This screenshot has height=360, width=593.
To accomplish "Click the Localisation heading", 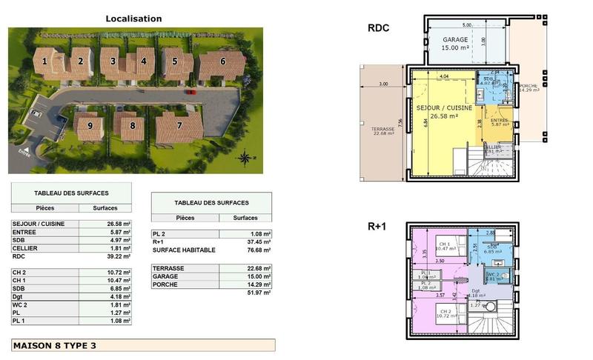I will click(133, 19).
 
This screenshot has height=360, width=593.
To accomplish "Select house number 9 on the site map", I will click(90, 126).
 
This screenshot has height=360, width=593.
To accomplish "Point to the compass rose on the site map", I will click(245, 157).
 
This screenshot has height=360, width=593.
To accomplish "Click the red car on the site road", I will click(191, 93).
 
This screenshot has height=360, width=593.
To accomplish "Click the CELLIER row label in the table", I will click(27, 248).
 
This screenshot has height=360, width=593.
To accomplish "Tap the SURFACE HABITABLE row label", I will click(184, 250).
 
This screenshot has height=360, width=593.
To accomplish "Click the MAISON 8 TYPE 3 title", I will click(55, 345).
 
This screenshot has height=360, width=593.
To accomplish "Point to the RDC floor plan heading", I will click(379, 29).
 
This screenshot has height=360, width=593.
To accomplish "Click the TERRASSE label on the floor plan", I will click(382, 128).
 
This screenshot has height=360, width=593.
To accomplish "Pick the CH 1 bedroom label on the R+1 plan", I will click(443, 244).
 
